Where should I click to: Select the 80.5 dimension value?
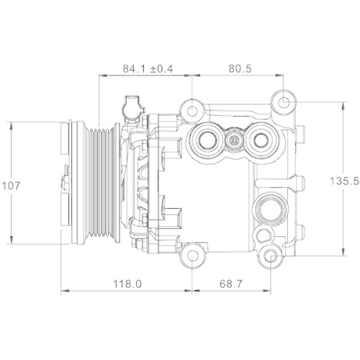[239, 68]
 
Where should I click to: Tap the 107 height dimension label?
[11, 185]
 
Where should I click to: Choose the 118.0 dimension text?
[127, 284]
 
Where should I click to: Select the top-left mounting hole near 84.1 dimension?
[192, 112]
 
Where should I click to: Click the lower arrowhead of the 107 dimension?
[12, 243]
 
